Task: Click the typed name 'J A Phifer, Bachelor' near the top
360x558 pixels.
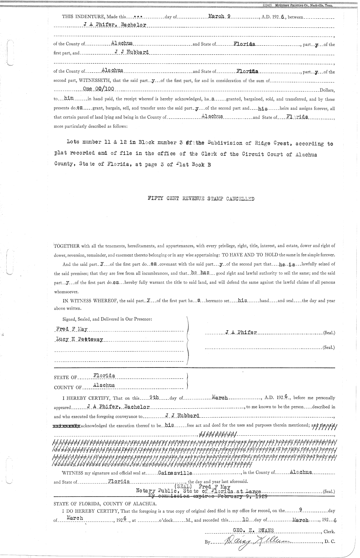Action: pos(115,25)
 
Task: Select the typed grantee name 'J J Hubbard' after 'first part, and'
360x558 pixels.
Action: pos(132,52)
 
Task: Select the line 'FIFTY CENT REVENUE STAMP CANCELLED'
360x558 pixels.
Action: pos(201,199)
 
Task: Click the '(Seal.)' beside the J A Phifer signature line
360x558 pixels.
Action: pos(329,333)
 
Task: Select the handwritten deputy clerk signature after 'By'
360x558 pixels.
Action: pos(258,542)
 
